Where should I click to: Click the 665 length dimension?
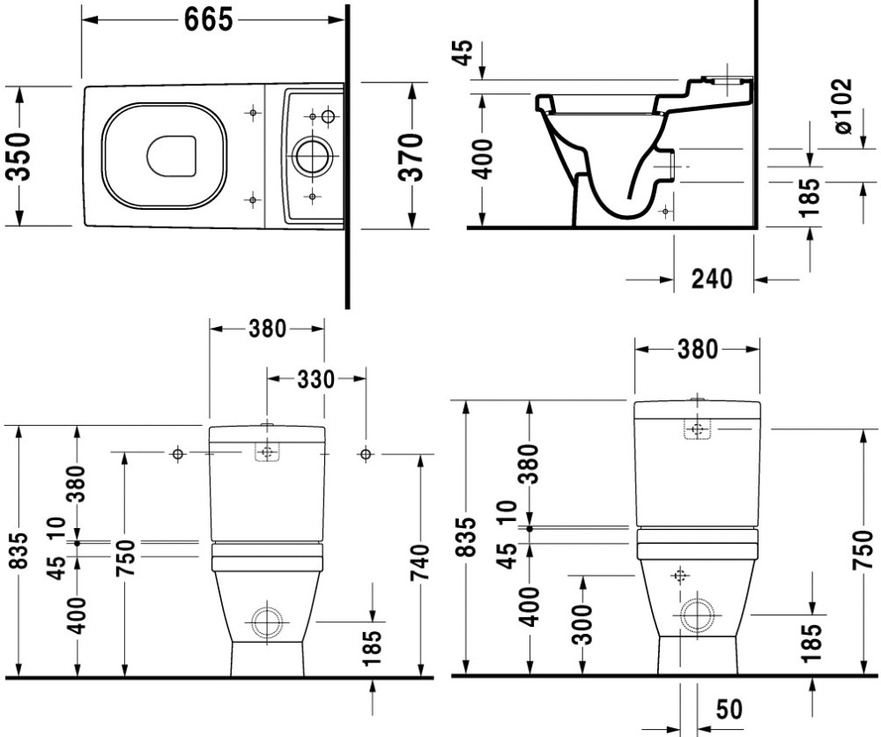click(209, 20)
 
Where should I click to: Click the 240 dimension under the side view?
click(711, 279)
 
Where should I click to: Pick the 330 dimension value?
click(315, 379)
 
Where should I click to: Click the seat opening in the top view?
click(172, 156)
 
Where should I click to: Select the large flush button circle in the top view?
click(311, 156)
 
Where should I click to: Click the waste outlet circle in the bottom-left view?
click(265, 622)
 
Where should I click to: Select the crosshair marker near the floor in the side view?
click(665, 212)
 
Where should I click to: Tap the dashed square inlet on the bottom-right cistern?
click(698, 430)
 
